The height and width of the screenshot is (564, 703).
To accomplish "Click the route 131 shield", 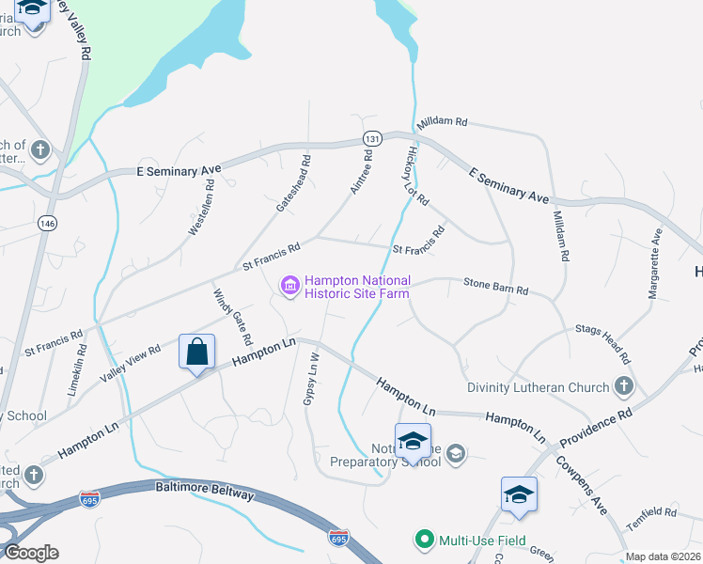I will pos(372,138).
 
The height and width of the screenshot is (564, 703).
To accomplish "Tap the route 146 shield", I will pos(48,223).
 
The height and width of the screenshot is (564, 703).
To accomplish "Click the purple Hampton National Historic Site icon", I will pos(289,284).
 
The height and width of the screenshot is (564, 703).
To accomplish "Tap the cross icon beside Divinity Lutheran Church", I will pos(622,385).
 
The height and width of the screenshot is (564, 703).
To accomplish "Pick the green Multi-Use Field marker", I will pos(424,540).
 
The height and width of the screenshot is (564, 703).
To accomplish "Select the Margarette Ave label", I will pos(655,265).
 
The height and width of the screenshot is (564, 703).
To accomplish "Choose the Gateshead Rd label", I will pos(292,183).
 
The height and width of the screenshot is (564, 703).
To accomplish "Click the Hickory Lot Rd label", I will pos(416,176).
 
